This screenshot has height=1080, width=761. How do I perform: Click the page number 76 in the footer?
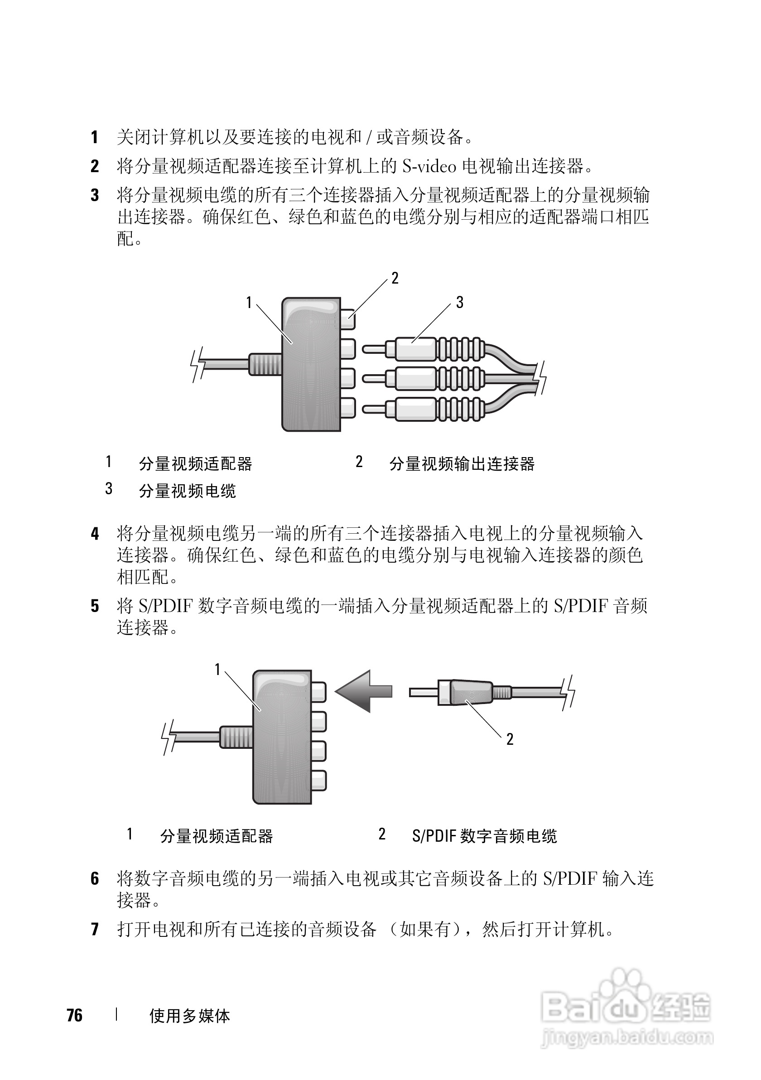74,1015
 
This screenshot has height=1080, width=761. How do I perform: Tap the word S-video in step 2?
429,166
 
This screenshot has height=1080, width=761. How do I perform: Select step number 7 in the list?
95,930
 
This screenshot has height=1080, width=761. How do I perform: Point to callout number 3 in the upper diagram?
459,303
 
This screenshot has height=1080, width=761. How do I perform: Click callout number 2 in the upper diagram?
395,279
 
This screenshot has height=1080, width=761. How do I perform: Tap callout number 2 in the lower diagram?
509,739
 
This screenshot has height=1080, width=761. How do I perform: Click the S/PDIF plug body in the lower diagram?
466,692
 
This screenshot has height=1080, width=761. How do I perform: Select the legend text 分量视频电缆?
187,491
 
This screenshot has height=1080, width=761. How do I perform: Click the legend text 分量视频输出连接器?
462,464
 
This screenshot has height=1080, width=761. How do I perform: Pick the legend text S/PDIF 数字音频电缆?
484,836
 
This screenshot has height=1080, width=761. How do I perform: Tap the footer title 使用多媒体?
189,1016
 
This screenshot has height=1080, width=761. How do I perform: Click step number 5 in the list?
95,606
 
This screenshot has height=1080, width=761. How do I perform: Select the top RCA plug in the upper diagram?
423,349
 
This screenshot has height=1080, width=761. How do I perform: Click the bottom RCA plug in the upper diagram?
423,408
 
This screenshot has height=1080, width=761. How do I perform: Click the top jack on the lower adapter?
318,692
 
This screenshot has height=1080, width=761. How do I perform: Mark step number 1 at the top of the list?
95,137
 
